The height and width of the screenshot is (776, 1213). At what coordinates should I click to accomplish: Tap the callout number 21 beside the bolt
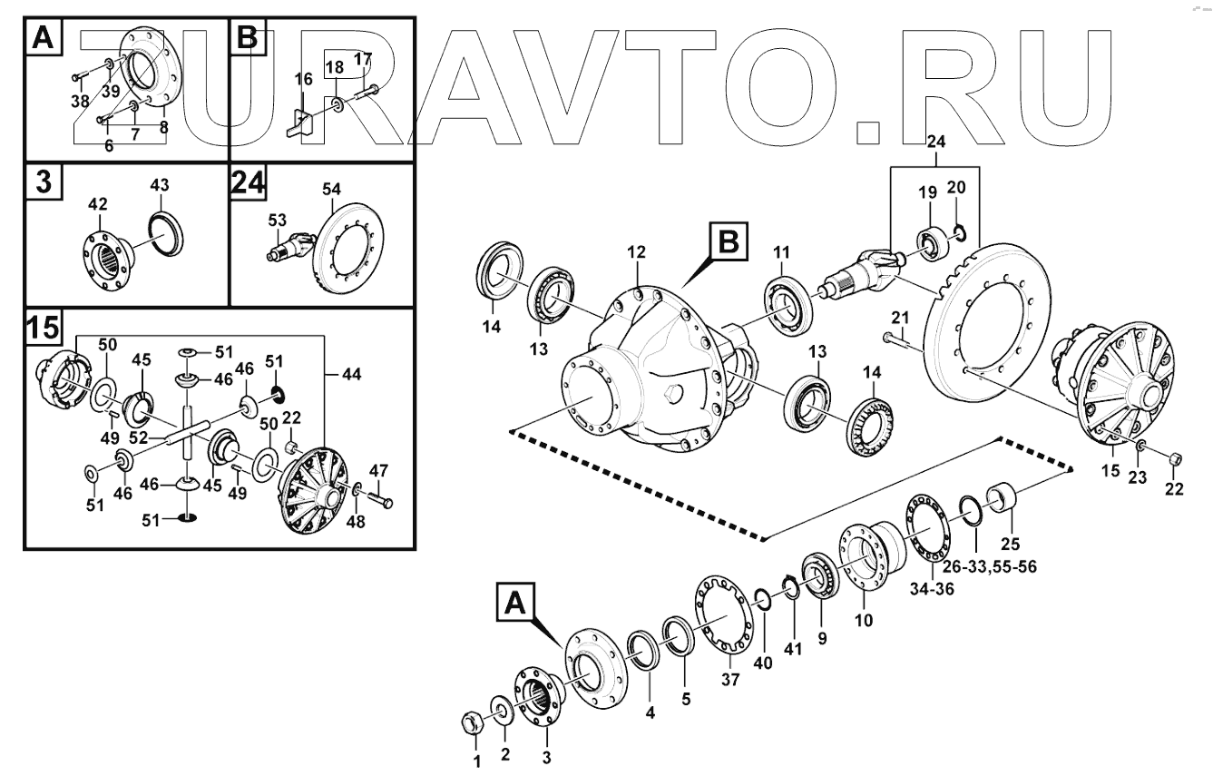pos(899,318)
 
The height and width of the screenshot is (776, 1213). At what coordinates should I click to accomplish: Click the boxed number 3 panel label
pos(42,182)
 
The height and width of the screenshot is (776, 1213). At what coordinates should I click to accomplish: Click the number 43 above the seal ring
pos(159,184)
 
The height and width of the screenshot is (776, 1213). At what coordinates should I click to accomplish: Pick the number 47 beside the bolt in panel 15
pos(378,470)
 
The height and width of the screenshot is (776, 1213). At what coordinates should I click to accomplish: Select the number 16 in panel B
pos(304,80)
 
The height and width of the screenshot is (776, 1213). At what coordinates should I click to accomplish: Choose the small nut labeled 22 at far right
pos(1172,458)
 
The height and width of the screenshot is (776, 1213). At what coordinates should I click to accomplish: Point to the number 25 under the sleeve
pos(1010,545)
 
